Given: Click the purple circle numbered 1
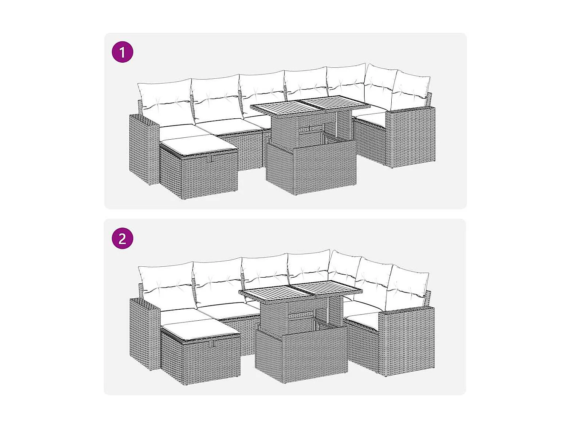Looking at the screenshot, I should click(122, 52).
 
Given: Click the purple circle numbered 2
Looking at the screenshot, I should click(122, 239).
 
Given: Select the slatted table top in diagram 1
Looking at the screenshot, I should click(310, 104).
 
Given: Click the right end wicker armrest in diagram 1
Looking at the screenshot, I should click(411, 137).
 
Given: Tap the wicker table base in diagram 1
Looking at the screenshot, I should click(311, 167).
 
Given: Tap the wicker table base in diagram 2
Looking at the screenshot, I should click(301, 354).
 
